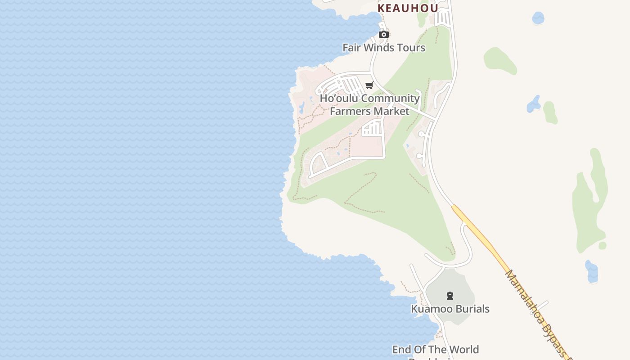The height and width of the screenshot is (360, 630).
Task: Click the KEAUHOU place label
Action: point(408,8)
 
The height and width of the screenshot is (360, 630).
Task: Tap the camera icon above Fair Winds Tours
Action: point(383,35)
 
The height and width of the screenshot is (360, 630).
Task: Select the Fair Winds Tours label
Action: point(383,48)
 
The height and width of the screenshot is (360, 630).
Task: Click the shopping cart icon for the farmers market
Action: point(369,85)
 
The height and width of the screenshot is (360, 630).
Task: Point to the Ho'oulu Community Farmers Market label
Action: point(369,104)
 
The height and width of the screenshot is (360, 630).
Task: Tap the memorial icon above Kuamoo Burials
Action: point(450,296)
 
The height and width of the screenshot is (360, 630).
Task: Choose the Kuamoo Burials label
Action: point(450,309)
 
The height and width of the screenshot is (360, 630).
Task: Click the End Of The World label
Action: point(435,350)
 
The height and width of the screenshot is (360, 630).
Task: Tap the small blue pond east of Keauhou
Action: point(538,18)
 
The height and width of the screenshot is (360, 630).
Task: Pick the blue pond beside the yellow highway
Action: point(592,272)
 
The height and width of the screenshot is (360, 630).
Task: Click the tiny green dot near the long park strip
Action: point(602,246)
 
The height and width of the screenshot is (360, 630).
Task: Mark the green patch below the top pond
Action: point(499,60)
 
